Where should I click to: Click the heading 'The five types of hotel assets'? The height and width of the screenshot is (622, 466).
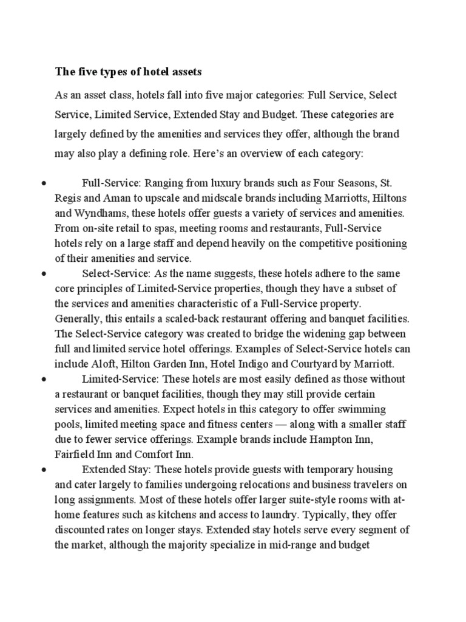128,72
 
